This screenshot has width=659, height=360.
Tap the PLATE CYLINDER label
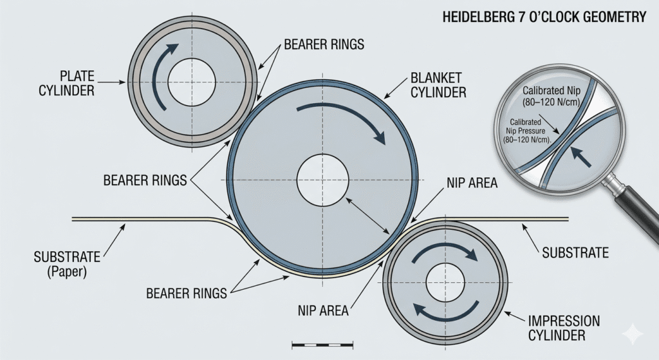66,82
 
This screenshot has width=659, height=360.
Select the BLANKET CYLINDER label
438,86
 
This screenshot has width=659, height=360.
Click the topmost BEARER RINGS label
324,45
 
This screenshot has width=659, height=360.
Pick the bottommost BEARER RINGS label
187,294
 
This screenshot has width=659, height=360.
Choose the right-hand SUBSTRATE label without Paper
575,253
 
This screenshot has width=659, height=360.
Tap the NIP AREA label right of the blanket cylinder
472,184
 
